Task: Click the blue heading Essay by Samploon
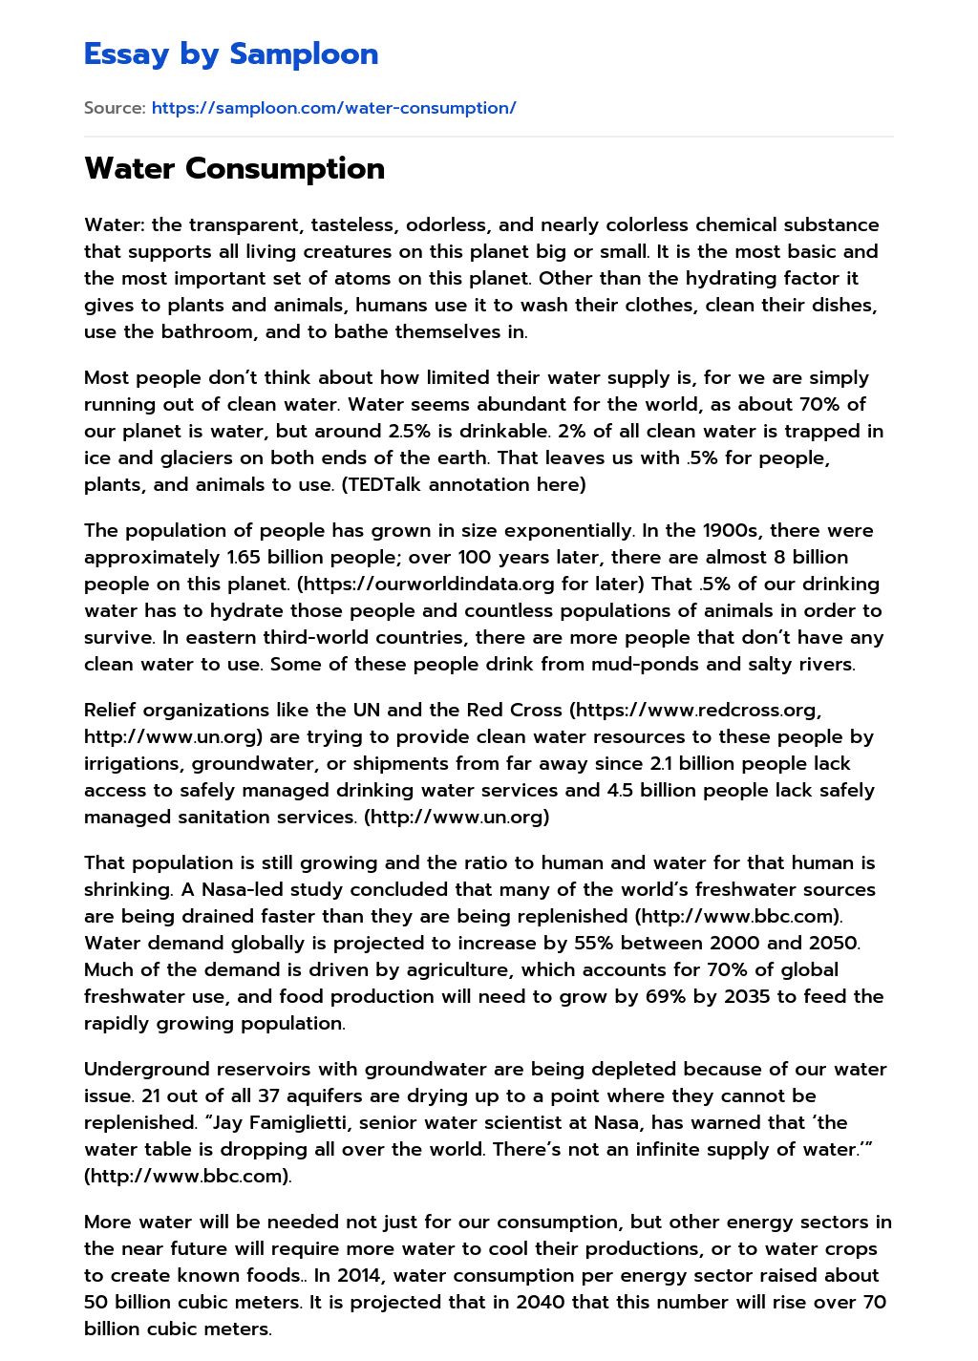(x=231, y=54)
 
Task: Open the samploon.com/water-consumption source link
(x=333, y=108)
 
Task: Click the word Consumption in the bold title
(x=285, y=169)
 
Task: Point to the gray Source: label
(x=115, y=108)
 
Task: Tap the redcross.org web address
(x=698, y=711)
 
